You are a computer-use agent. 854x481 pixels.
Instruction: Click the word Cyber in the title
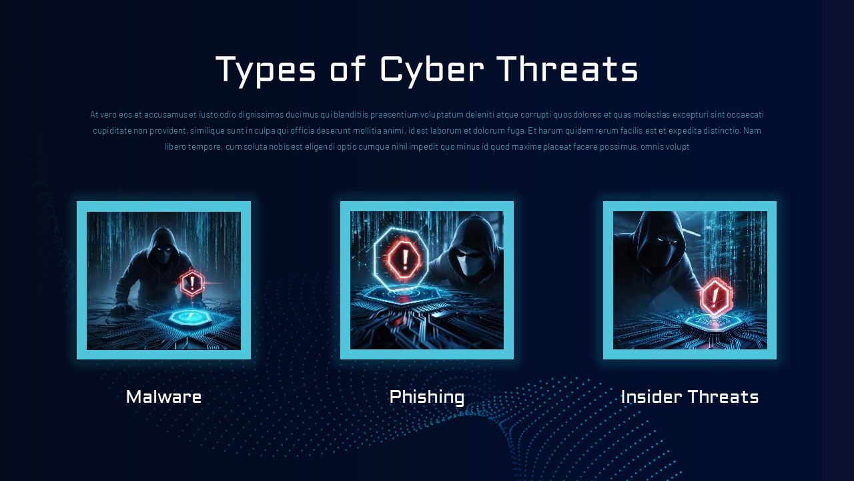click(432, 70)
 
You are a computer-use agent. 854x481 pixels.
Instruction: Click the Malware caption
click(163, 397)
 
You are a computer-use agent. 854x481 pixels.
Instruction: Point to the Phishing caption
click(427, 397)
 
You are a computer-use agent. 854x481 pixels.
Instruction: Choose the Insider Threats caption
click(690, 397)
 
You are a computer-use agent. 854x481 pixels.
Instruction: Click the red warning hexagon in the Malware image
click(192, 283)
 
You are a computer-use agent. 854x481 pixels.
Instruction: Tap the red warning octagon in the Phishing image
click(405, 259)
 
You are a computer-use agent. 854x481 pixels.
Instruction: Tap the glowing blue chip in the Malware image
click(189, 317)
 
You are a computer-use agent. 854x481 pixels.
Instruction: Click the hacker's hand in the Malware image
click(121, 308)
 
